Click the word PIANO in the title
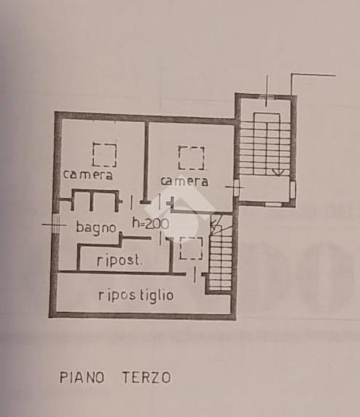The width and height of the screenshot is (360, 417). (82, 378)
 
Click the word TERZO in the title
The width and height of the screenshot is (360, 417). (146, 378)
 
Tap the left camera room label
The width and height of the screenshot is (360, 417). (88, 175)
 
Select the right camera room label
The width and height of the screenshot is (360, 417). (184, 181)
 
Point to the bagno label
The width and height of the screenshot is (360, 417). (96, 227)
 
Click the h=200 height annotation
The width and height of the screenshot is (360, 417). (151, 223)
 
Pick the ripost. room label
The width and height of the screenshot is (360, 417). (120, 260)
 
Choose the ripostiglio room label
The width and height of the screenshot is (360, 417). (136, 296)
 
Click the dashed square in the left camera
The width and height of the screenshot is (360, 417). (104, 155)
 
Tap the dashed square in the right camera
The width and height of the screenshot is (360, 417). (192, 157)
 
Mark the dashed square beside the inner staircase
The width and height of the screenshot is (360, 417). (191, 248)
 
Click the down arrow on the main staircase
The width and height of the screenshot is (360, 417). (278, 171)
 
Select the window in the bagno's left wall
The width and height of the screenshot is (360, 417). (55, 225)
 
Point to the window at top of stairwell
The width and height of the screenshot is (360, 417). (267, 96)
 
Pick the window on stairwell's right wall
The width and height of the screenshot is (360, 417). (293, 190)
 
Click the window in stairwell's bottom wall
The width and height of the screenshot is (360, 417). (273, 204)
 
